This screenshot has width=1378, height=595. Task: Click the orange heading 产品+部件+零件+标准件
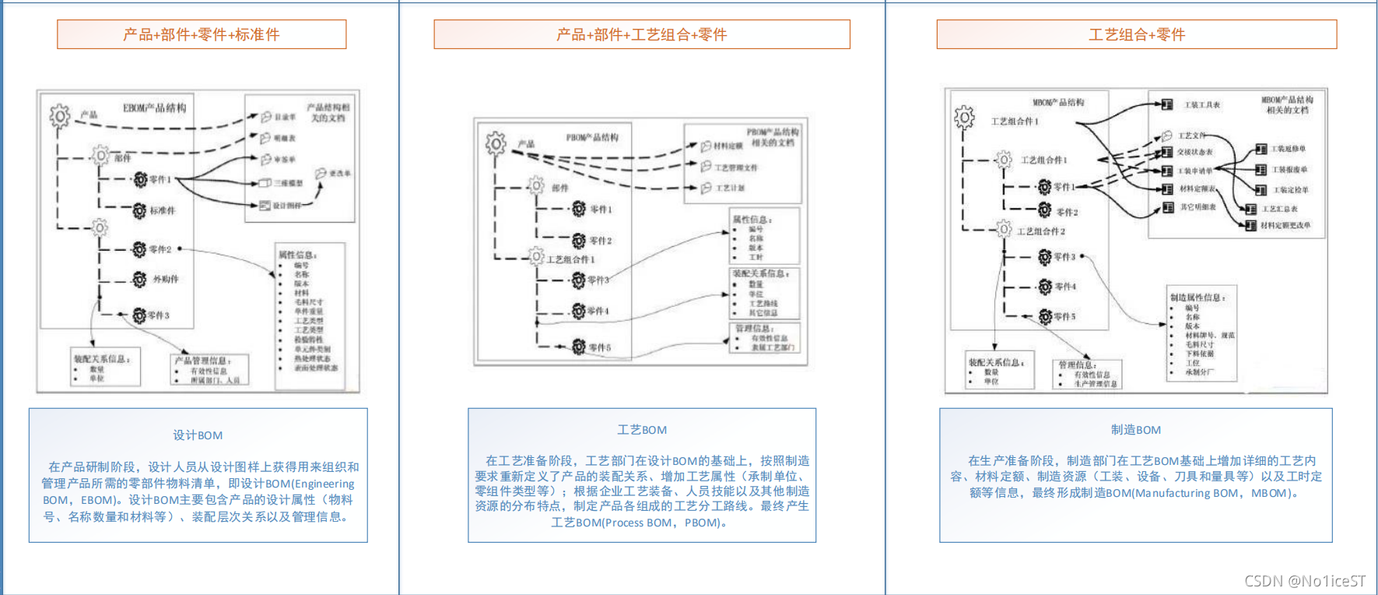click(201, 34)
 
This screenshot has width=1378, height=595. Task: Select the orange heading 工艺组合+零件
click(1136, 34)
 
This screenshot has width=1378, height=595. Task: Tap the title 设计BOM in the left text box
click(198, 435)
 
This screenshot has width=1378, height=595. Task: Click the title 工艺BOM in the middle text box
click(642, 430)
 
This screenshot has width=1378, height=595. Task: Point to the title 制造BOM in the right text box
click(1135, 430)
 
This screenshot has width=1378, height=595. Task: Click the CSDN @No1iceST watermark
click(1304, 581)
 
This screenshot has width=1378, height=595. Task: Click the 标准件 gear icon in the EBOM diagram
click(139, 210)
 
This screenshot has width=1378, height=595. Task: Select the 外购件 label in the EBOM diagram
click(165, 279)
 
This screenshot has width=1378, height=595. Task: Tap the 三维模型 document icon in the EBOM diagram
click(265, 183)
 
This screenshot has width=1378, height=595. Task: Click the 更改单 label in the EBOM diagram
click(340, 174)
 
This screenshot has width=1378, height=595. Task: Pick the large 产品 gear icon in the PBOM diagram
click(496, 143)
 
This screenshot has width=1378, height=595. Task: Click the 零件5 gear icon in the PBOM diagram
click(579, 347)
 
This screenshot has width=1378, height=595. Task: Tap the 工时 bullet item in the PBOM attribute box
click(756, 257)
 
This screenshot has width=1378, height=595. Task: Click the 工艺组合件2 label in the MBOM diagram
click(1040, 231)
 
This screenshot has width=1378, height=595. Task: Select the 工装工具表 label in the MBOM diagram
click(1202, 105)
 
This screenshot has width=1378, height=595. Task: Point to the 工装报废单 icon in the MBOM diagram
click(1261, 169)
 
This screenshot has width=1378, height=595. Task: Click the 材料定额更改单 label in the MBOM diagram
click(1285, 226)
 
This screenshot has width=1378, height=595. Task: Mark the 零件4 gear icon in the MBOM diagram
click(1045, 287)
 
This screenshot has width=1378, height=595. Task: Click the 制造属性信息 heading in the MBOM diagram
click(1197, 297)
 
